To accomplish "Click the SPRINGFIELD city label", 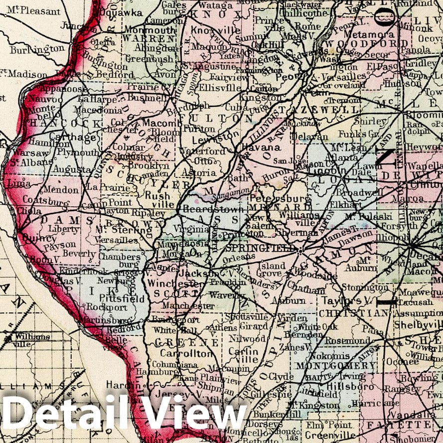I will pyautogui.click(x=251, y=247).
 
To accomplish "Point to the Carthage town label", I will pyautogui.click(x=68, y=138).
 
